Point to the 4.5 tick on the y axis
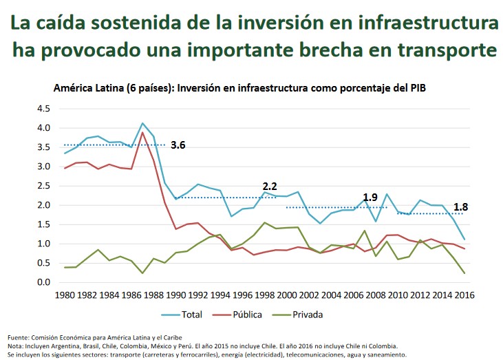click(43, 109)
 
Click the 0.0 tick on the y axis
click(43, 282)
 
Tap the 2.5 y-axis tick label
click(43, 186)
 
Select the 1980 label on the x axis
click(65, 295)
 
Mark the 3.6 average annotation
click(178, 145)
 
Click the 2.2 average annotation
click(270, 187)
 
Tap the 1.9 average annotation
click(370, 198)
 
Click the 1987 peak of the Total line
click(142, 123)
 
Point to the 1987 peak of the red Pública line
click(142, 132)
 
